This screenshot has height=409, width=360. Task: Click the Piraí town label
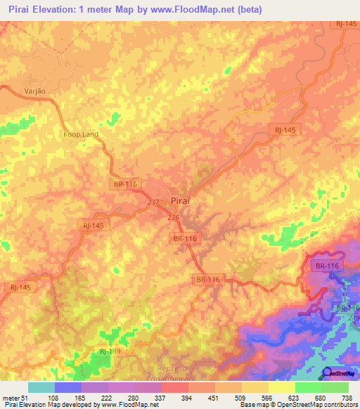coord(181,201)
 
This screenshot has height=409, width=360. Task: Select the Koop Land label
coord(80,134)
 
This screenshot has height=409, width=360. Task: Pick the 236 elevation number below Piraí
coord(174,218)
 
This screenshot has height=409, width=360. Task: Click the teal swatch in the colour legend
coord(41,387)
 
